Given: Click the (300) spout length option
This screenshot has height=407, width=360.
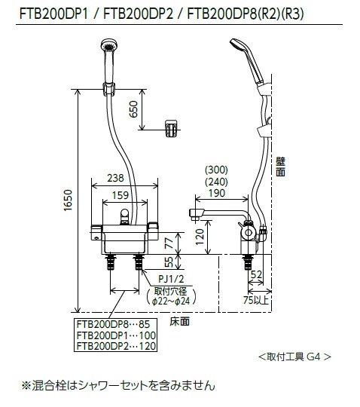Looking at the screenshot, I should click(217, 170).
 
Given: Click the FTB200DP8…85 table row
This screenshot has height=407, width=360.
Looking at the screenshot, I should click(109, 324).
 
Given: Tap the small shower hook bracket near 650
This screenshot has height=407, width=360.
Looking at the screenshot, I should click(172, 129).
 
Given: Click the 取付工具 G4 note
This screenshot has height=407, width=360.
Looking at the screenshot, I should click(294, 356).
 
